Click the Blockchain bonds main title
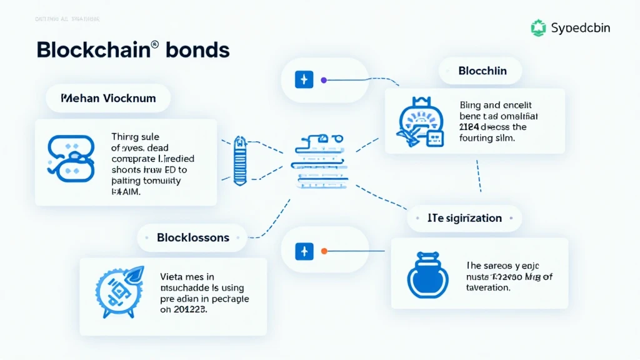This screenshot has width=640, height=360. [x=132, y=50]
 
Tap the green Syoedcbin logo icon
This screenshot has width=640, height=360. [x=538, y=27]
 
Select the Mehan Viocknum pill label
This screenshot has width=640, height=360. [x=108, y=98]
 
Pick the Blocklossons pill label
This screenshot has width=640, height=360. [x=193, y=237]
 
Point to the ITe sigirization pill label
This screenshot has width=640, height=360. [x=464, y=218]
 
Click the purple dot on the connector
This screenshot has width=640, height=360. [x=323, y=80]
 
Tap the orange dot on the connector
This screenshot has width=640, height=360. [x=324, y=251]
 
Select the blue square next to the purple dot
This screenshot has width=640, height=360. [x=304, y=80]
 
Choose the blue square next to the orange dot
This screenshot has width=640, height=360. [x=304, y=251]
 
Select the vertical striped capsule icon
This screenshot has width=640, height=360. [x=239, y=161]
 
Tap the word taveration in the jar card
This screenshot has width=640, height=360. [x=488, y=287]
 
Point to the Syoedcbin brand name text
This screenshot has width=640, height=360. [x=581, y=28]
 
